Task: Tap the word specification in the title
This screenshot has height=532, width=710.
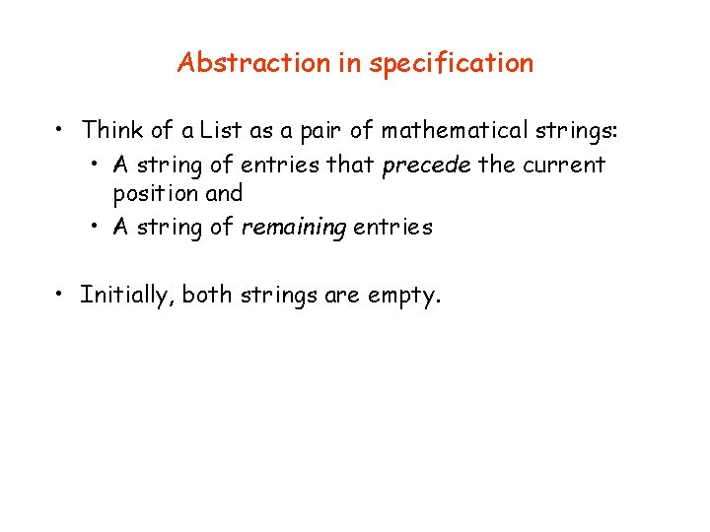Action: click(450, 64)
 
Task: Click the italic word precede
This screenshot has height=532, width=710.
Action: click(426, 164)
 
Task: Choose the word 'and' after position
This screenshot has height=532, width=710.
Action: click(224, 194)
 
